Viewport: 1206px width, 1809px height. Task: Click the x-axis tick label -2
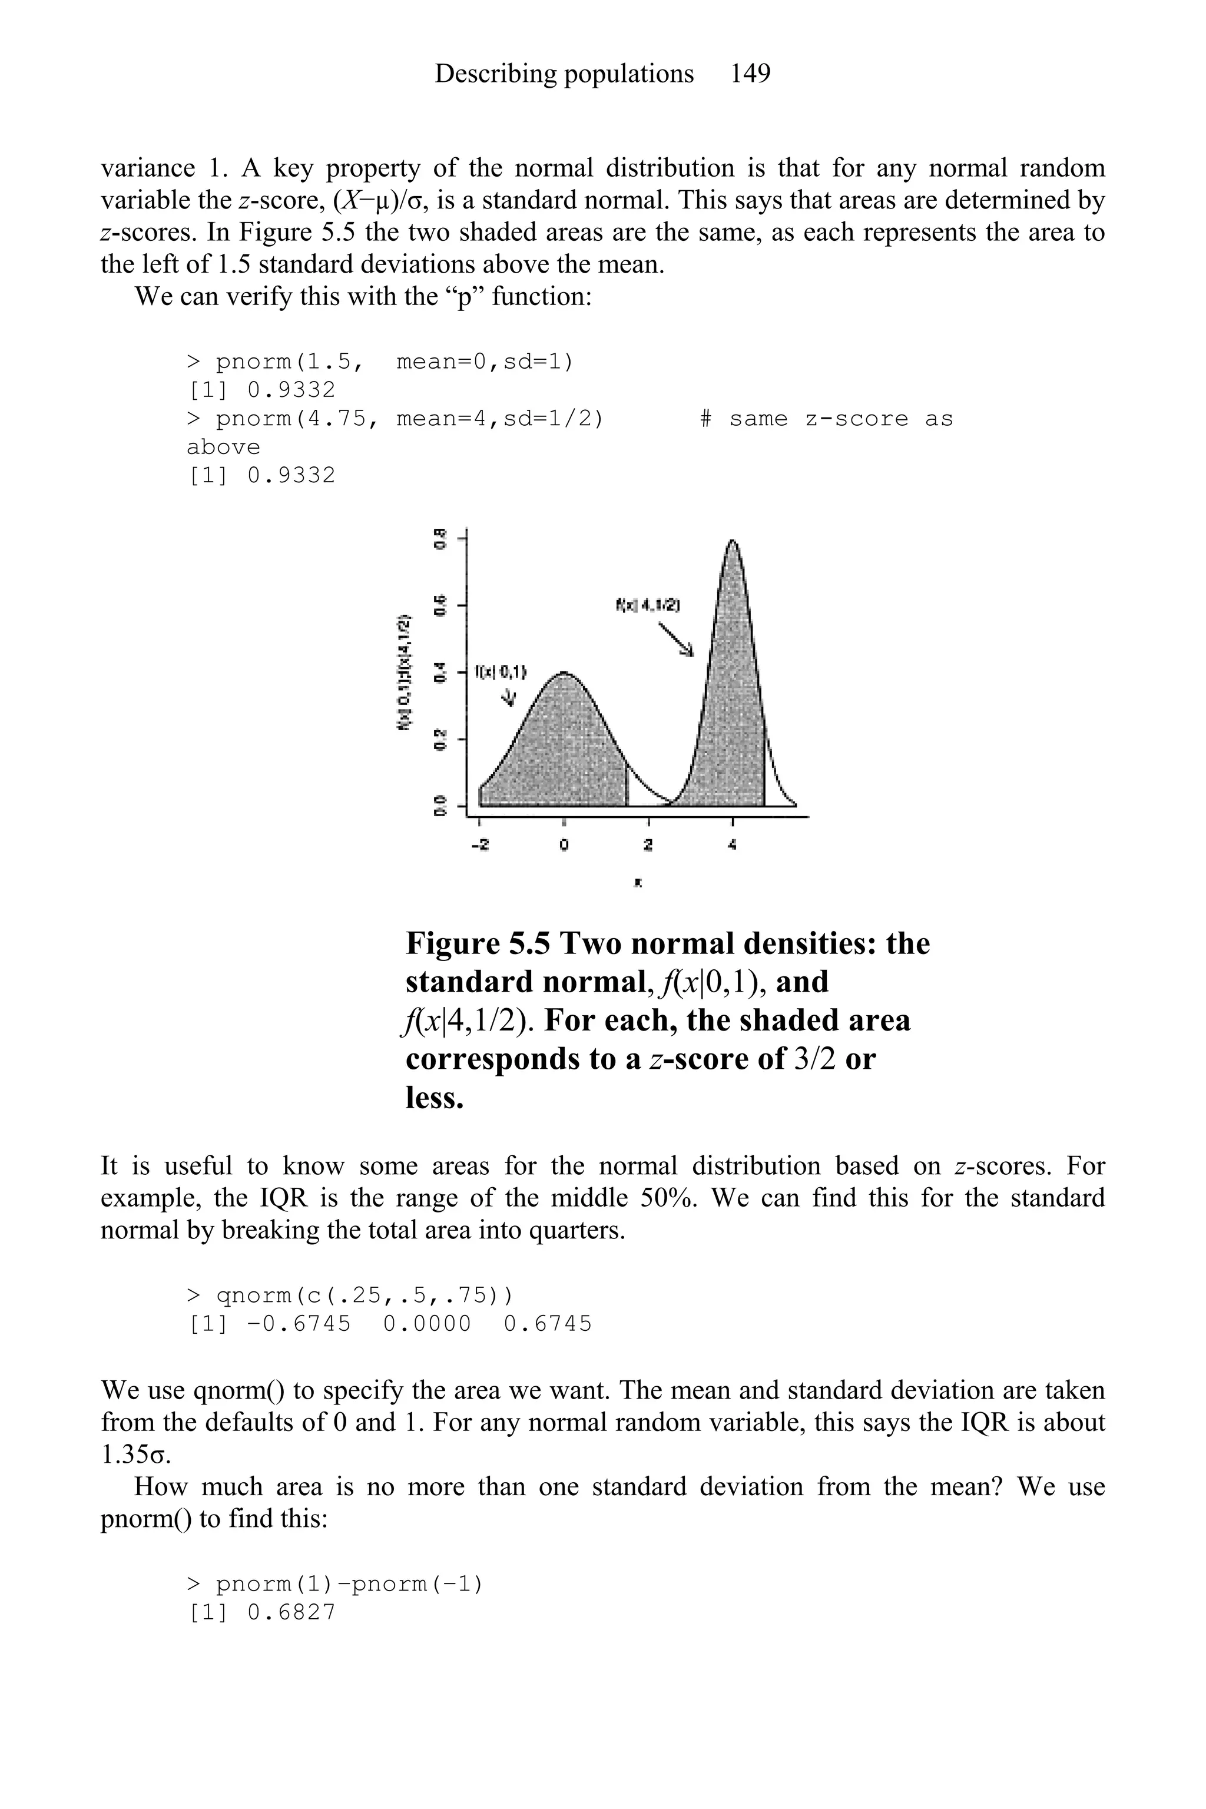479,844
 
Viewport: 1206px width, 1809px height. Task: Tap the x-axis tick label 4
731,844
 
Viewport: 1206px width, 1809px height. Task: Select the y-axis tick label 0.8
439,538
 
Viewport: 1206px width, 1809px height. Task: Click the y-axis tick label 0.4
439,671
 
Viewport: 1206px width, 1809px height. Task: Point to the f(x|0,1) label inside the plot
501,671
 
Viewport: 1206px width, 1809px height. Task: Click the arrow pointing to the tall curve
675,638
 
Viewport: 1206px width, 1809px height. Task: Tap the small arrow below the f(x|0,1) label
508,697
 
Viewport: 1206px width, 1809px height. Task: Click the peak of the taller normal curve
732,542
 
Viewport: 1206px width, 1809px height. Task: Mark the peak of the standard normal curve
564,673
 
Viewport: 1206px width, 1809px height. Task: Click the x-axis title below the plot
638,884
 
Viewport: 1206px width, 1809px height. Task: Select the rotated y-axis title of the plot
402,672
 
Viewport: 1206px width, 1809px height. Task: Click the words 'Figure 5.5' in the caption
478,943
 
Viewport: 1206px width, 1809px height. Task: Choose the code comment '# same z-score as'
826,419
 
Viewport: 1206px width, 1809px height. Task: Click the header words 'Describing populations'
564,74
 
